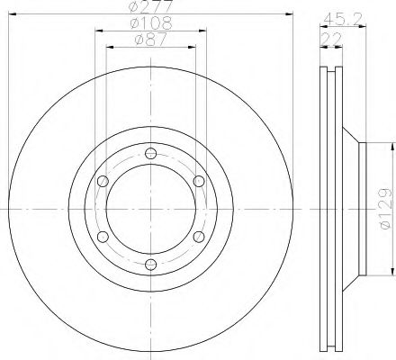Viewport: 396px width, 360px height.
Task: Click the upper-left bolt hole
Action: (103, 181)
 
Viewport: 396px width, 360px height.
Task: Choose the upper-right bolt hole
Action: (199, 181)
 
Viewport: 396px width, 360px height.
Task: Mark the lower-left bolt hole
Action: (103, 236)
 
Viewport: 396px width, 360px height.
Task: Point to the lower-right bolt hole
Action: (199, 236)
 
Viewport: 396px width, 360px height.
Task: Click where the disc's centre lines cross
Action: (151, 208)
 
